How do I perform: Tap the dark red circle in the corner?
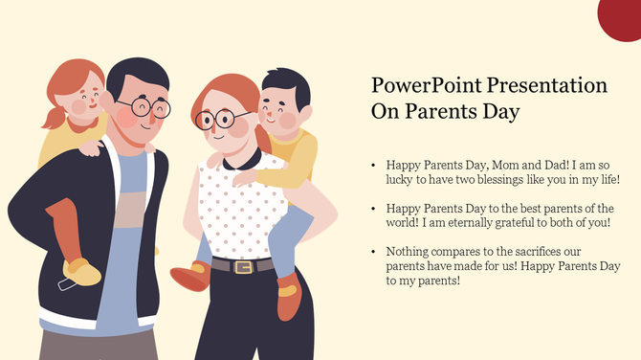point(623,14)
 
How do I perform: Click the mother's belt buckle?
point(244,267)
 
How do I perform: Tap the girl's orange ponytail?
point(54,117)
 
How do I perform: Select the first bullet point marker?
point(373,165)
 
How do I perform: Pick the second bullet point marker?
point(373,208)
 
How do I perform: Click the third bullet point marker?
point(373,251)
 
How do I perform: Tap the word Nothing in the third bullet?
point(407,251)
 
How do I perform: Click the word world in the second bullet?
point(404,222)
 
